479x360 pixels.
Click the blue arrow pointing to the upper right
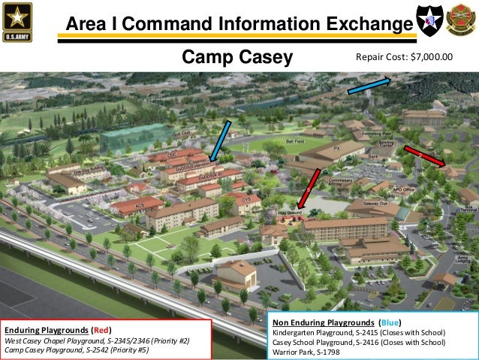[x=369, y=85]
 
